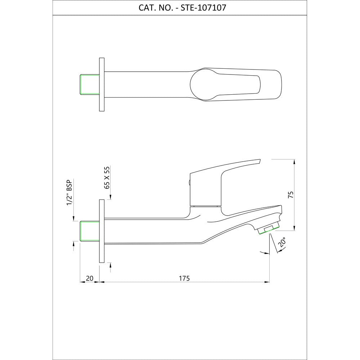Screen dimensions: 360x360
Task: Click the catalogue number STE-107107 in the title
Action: pos(203,8)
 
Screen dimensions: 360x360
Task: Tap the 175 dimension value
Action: pos(184,278)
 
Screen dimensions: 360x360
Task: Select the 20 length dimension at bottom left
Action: pos(90,278)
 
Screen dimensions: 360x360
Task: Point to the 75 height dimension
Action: pos(291,194)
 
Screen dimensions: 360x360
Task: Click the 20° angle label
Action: pos(282,242)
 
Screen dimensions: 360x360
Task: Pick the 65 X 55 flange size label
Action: pos(107,177)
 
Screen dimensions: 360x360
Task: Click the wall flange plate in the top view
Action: pos(102,85)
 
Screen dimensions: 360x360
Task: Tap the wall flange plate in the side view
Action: pos(102,231)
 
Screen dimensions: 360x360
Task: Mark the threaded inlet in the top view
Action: pos(90,85)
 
